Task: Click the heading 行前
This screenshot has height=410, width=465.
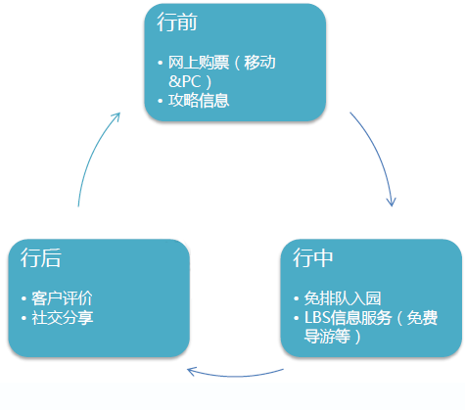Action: pyautogui.click(x=177, y=23)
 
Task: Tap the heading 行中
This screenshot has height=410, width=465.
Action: pyautogui.click(x=312, y=257)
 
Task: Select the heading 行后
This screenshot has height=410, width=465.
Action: pyautogui.click(x=41, y=257)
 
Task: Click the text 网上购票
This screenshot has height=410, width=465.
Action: pyautogui.click(x=199, y=63)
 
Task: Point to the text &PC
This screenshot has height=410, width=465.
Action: pyautogui.click(x=185, y=81)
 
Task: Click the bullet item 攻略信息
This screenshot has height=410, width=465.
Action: pyautogui.click(x=199, y=101)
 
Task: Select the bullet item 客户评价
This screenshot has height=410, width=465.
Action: pyautogui.click(x=62, y=298)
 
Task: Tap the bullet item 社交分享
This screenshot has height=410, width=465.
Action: pyautogui.click(x=62, y=318)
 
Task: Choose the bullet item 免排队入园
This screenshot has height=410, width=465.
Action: pyautogui.click(x=343, y=298)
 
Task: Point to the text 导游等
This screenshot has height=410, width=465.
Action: pyautogui.click(x=327, y=337)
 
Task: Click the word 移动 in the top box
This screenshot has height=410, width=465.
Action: pyautogui.click(x=259, y=63)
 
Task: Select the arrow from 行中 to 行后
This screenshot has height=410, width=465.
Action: pyautogui.click(x=236, y=376)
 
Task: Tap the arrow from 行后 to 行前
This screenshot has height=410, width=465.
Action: pyautogui.click(x=92, y=154)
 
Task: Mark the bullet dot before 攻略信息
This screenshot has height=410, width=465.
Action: pyautogui.click(x=160, y=101)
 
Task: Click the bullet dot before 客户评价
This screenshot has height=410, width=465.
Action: pyautogui.click(x=23, y=298)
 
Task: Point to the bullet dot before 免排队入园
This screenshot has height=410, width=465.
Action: pyautogui.click(x=296, y=298)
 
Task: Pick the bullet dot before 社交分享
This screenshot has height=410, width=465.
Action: pyautogui.click(x=23, y=318)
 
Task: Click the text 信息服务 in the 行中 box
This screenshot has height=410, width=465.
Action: pyautogui.click(x=361, y=318)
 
